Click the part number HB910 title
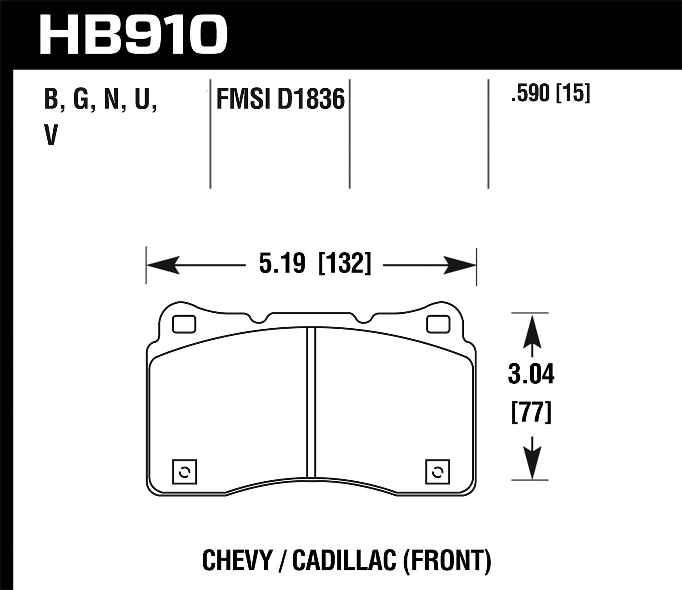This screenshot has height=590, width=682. (x=133, y=34)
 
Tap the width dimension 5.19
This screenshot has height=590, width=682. (x=282, y=264)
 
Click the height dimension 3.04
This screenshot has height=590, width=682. (x=531, y=376)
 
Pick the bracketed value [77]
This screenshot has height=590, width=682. (x=531, y=413)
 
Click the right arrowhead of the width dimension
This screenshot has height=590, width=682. (x=459, y=264)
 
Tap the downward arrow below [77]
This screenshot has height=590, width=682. (x=532, y=460)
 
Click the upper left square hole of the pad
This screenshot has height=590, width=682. (x=184, y=324)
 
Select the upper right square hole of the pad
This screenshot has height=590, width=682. (x=438, y=324)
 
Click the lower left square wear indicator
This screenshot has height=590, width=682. (x=185, y=472)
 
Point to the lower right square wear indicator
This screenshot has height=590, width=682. (x=437, y=472)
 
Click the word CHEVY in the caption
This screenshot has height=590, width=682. (x=236, y=560)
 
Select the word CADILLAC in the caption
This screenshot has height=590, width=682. (x=343, y=560)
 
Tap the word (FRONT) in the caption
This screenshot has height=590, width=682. (x=447, y=560)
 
